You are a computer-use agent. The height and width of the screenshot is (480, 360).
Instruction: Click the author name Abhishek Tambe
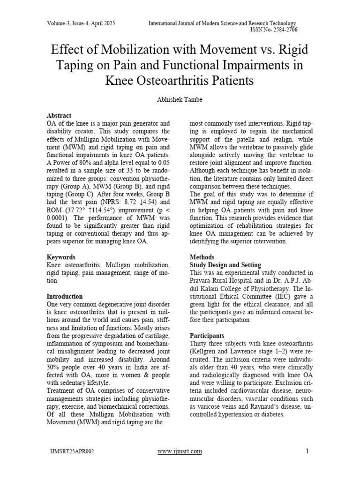180,99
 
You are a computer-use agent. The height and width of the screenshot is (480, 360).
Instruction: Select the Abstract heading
59,115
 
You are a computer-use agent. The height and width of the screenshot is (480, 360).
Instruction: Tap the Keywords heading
61,257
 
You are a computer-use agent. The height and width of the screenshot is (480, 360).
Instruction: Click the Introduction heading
65,296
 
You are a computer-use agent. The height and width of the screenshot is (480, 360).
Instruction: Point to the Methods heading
202,257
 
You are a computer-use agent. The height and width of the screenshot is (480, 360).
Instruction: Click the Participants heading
207,336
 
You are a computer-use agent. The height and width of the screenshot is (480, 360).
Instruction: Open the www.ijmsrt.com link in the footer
180,451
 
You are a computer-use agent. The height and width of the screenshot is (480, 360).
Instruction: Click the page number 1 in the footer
307,451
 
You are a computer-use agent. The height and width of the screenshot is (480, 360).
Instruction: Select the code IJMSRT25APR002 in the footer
72,452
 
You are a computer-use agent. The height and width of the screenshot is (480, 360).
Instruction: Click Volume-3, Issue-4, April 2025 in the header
81,23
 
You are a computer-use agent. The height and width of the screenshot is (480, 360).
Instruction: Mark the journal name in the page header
223,23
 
